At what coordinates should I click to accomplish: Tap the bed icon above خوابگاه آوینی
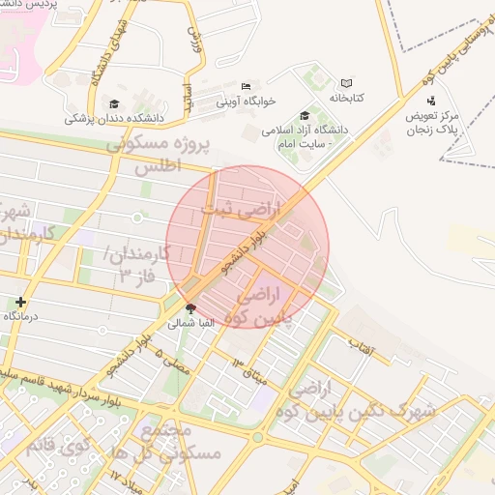[246, 86]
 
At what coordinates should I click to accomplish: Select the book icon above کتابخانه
[346, 84]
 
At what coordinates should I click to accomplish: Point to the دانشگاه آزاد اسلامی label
[339, 129]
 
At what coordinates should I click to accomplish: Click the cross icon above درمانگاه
[20, 302]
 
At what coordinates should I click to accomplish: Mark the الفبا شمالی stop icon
[189, 310]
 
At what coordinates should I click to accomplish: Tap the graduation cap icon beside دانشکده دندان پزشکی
[114, 103]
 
